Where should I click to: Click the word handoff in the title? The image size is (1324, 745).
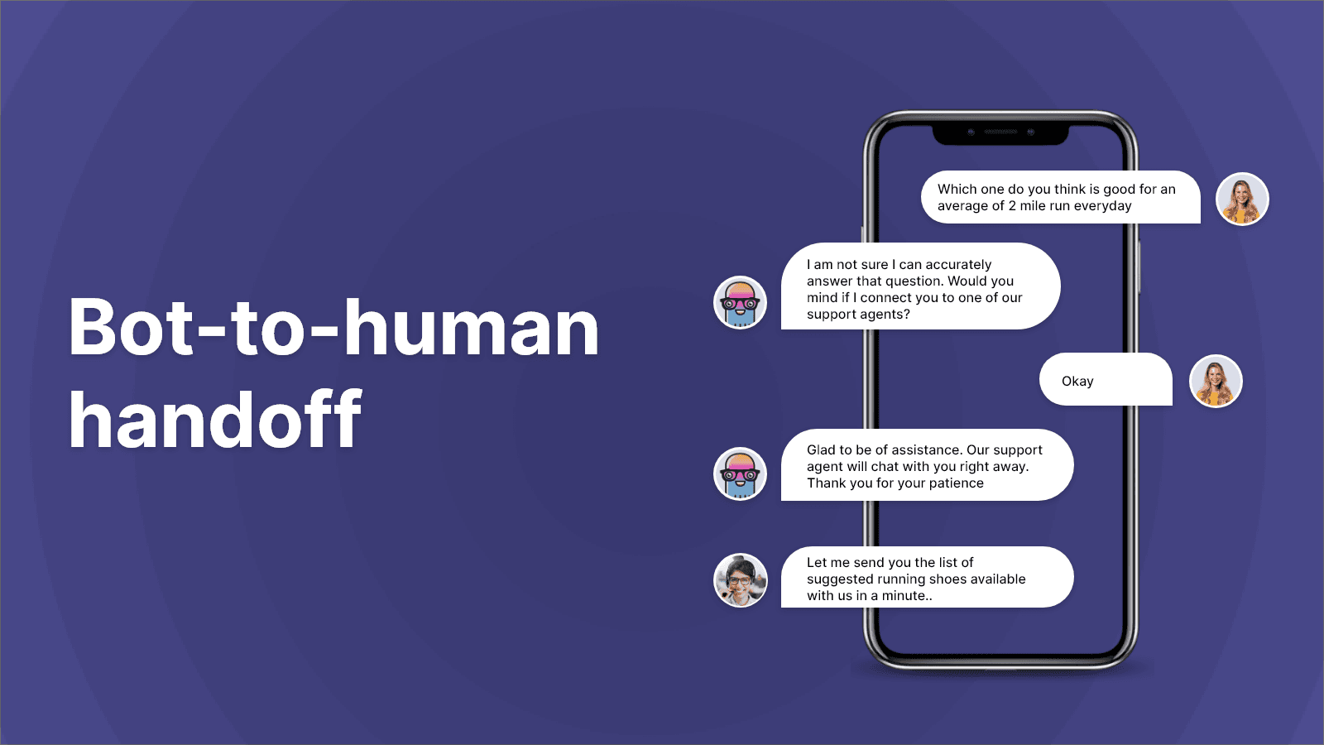coord(215,421)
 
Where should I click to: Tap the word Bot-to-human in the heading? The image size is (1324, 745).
coord(333,329)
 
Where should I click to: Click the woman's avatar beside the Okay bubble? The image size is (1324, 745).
coord(1216,381)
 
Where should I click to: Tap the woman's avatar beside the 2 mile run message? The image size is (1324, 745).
coord(1242,199)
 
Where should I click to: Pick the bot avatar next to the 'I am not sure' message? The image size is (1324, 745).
coord(740,302)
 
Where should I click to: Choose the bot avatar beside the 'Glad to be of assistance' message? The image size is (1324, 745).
coord(740,473)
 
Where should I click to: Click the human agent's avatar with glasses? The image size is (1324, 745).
coord(740,579)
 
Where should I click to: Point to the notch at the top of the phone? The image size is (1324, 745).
coord(1000,133)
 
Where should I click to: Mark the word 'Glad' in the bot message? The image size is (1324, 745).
coord(822,450)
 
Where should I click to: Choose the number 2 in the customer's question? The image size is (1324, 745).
coord(1012,206)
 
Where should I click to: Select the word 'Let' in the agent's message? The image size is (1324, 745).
coord(817,563)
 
